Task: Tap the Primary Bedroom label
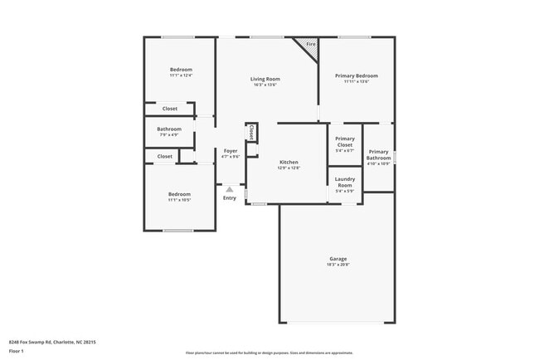click(357, 75)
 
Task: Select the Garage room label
click(337, 259)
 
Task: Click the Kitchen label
click(288, 162)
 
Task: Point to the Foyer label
click(231, 151)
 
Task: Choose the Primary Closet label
click(345, 141)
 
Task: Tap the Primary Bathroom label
click(378, 154)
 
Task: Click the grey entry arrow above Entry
click(230, 189)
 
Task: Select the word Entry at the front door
click(230, 197)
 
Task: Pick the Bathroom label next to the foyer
click(169, 129)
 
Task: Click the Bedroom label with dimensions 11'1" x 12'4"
click(181, 69)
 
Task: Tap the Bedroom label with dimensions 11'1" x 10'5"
click(180, 194)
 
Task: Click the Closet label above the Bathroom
click(169, 109)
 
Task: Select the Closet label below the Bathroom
click(165, 156)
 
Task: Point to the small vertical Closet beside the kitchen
click(250, 132)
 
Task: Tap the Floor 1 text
click(17, 352)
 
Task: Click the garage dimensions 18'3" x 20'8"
click(337, 265)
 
